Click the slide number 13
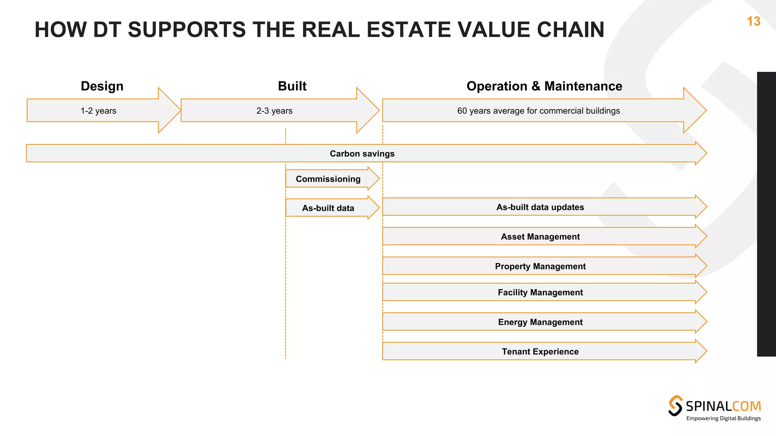click(x=753, y=22)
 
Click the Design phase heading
click(x=102, y=86)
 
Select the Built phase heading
click(x=292, y=86)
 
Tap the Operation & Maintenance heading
click(x=544, y=86)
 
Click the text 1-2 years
click(x=98, y=111)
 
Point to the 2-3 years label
click(x=274, y=111)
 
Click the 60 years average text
click(x=538, y=111)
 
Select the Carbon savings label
click(x=362, y=154)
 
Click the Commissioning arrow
click(x=328, y=179)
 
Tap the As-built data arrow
click(x=328, y=208)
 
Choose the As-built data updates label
click(x=540, y=207)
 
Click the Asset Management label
click(x=540, y=237)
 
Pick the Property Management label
click(x=540, y=266)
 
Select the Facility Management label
click(x=540, y=293)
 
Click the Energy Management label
click(x=540, y=322)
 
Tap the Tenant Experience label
click(x=540, y=352)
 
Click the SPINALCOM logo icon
click(x=675, y=406)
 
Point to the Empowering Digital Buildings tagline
click(x=723, y=419)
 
